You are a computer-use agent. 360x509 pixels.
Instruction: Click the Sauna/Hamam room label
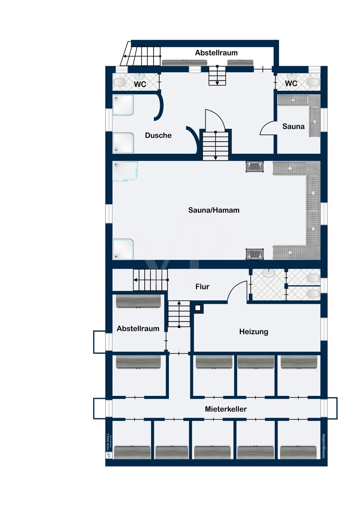click(x=214, y=210)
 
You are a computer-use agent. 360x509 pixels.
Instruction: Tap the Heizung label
click(x=254, y=332)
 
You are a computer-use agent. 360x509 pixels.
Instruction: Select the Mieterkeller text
click(x=226, y=409)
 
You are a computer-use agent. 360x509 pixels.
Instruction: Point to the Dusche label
click(x=158, y=135)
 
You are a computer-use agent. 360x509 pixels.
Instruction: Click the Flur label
click(x=202, y=287)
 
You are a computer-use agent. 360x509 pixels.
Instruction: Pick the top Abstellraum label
click(x=216, y=53)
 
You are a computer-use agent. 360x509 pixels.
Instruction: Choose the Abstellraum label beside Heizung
click(x=138, y=328)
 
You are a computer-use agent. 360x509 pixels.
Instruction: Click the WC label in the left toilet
click(x=140, y=84)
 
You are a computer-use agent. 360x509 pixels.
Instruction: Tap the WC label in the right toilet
click(x=291, y=83)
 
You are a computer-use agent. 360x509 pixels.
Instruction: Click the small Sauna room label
click(x=293, y=126)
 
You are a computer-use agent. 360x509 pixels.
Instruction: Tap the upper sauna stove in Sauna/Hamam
click(x=254, y=166)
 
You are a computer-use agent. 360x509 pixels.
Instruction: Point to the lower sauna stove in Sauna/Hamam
click(x=254, y=254)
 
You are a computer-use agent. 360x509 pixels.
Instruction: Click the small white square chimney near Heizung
click(x=198, y=308)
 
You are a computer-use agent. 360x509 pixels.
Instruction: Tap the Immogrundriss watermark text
click(x=323, y=446)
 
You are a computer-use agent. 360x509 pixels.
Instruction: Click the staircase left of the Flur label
click(x=150, y=280)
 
